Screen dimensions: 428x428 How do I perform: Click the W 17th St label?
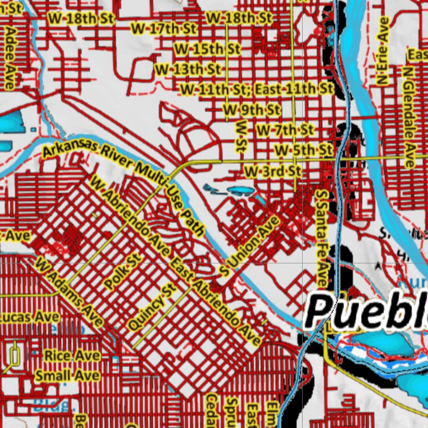163,28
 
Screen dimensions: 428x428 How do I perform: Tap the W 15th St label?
207,49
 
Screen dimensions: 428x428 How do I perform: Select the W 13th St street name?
189,69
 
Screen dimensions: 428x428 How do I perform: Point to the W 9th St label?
252,110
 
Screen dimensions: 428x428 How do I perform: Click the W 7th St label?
285,130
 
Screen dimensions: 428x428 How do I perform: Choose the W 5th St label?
303,150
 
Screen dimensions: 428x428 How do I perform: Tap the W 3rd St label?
273,171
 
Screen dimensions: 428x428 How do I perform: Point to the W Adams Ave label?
69,291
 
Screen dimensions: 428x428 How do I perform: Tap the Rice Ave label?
72,356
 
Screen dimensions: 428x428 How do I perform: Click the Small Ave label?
67,375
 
